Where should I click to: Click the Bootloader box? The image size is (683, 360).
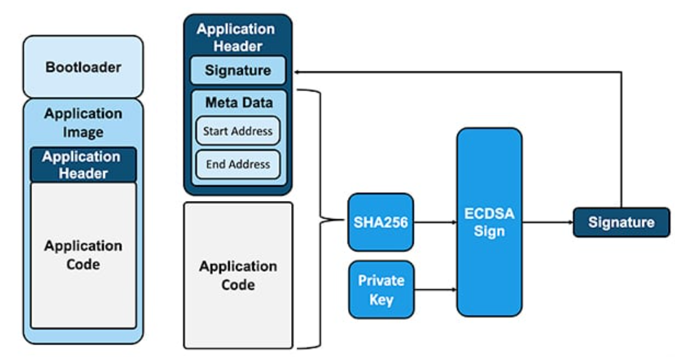tap(83, 66)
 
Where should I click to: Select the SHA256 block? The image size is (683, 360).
tap(380, 222)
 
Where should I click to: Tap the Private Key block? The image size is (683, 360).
tap(381, 290)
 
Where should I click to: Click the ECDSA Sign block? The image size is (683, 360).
tap(489, 222)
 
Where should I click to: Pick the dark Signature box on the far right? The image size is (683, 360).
tap(621, 222)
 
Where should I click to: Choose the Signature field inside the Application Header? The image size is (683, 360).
tap(238, 70)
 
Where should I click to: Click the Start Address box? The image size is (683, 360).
tap(238, 131)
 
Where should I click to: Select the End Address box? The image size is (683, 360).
tap(238, 164)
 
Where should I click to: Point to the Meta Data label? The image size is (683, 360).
tap(238, 102)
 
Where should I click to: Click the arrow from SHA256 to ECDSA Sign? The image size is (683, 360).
tap(435, 221)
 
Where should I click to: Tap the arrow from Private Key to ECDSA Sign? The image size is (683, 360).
tap(435, 289)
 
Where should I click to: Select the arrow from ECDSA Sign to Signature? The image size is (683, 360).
tap(547, 222)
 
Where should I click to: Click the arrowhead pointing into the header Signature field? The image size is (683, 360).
tap(293, 72)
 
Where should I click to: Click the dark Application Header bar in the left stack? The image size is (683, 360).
tap(83, 165)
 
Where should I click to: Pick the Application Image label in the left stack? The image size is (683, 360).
tap(83, 123)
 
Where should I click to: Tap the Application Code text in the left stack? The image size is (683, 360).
tap(83, 255)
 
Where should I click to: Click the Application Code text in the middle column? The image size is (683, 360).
tap(238, 275)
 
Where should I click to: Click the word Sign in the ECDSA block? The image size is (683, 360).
tap(489, 231)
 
